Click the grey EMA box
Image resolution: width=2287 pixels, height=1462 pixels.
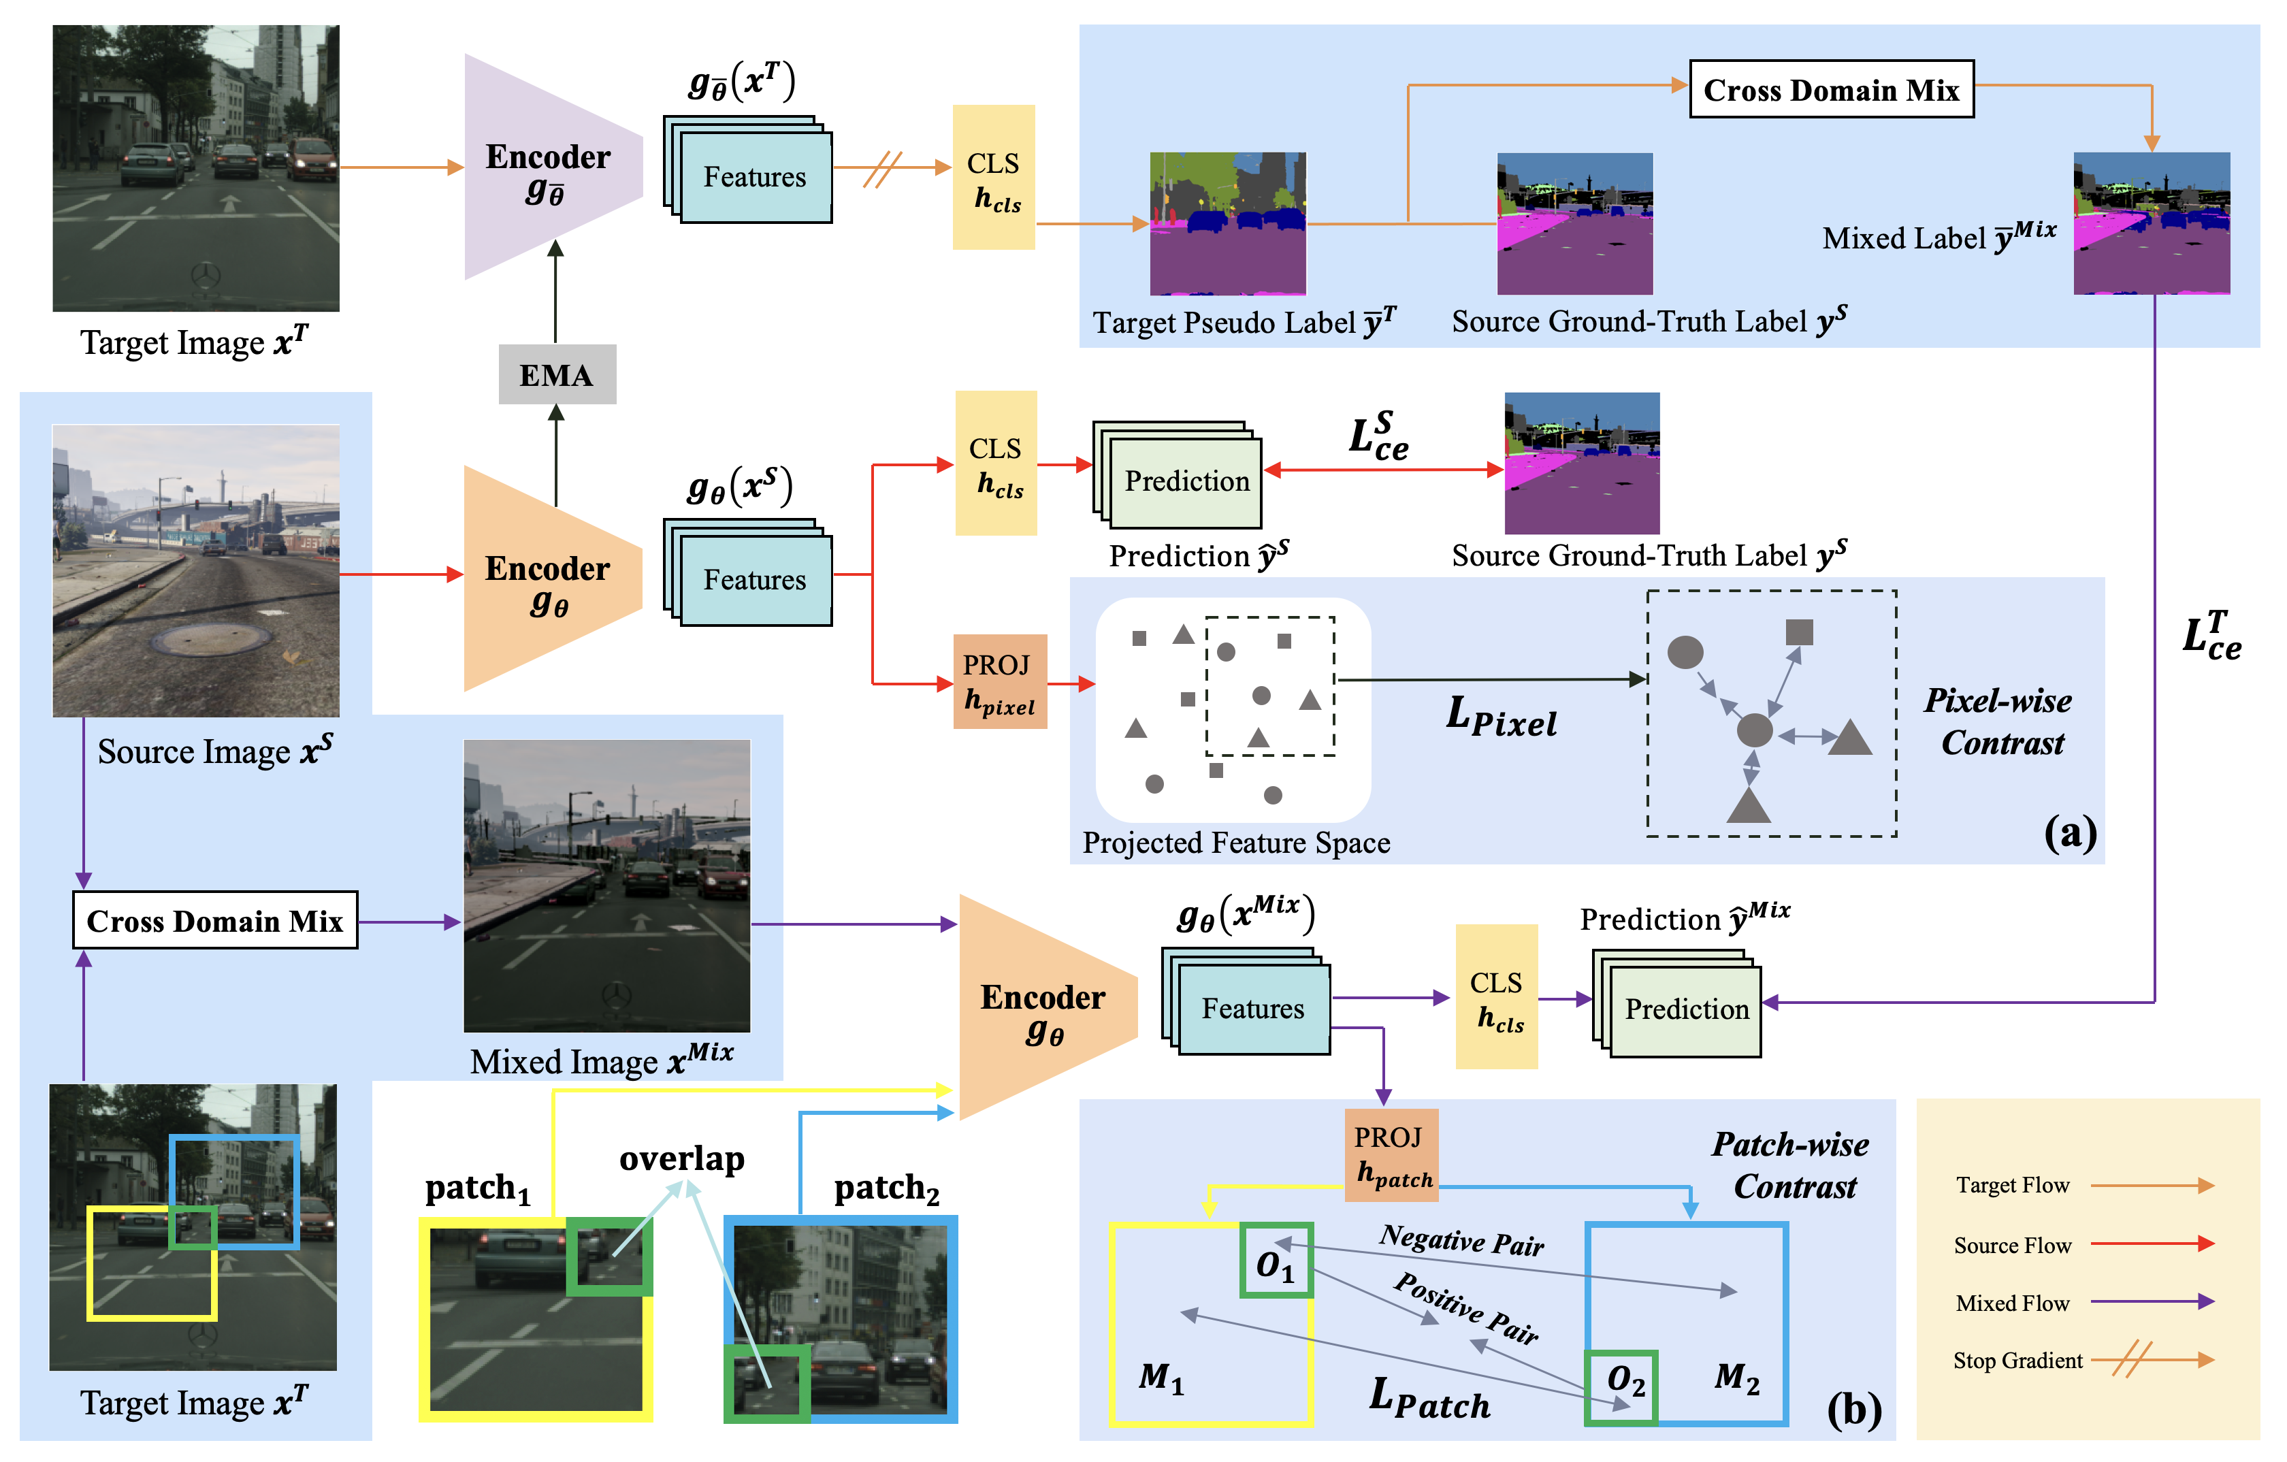pyautogui.click(x=557, y=374)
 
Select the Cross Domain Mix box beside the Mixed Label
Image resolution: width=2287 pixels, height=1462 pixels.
pyautogui.click(x=1830, y=89)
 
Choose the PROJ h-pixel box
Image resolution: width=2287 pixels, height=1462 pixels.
pyautogui.click(x=999, y=681)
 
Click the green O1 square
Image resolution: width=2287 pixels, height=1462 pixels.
pyautogui.click(x=1276, y=1260)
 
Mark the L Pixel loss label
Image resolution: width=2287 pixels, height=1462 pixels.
pyautogui.click(x=1501, y=717)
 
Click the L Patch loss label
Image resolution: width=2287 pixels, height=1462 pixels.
pyautogui.click(x=1429, y=1398)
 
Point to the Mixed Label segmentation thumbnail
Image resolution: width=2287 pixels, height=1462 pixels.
pyautogui.click(x=2151, y=223)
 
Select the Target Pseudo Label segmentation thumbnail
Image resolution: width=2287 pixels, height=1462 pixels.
pyautogui.click(x=1227, y=223)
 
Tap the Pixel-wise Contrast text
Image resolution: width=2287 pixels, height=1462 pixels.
pyautogui.click(x=1999, y=721)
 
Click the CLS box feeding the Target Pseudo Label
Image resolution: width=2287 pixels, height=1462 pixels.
pyautogui.click(x=994, y=178)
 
